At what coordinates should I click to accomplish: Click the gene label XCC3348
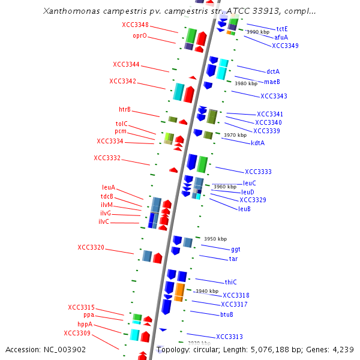135,25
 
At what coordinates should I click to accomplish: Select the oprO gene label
139,36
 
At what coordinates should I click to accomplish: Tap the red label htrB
125,109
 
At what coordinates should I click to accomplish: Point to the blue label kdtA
258,143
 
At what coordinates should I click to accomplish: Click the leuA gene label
109,187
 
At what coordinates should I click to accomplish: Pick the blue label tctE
282,29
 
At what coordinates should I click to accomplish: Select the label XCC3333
258,172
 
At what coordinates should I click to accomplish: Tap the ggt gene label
236,249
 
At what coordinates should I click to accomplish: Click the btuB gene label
226,314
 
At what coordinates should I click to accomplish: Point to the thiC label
231,282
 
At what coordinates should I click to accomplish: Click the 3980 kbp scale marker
245,84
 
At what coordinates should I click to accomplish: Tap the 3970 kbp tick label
235,136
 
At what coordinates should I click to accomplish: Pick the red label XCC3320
91,247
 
